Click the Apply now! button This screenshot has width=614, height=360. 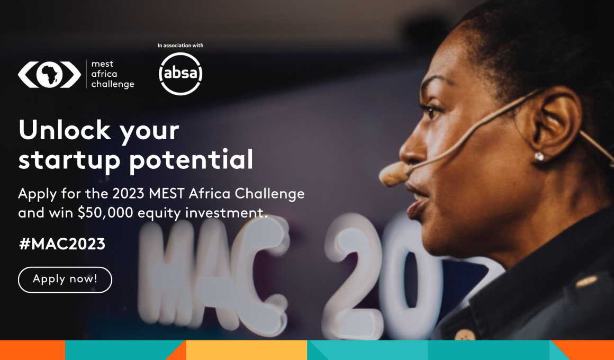click(x=65, y=280)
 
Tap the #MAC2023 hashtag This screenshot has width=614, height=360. click(x=62, y=244)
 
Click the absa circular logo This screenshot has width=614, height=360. click(x=180, y=74)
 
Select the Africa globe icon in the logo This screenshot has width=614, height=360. click(x=49, y=74)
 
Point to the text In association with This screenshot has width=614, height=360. click(x=180, y=46)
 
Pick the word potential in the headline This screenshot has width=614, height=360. click(x=191, y=160)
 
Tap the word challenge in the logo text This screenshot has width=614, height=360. click(x=113, y=84)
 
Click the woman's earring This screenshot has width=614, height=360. click(x=539, y=157)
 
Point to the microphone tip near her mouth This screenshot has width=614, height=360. click(x=393, y=174)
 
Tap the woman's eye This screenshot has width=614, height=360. click(x=432, y=112)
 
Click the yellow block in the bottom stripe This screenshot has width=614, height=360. click(x=247, y=350)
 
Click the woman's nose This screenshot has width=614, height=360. click(x=411, y=147)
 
